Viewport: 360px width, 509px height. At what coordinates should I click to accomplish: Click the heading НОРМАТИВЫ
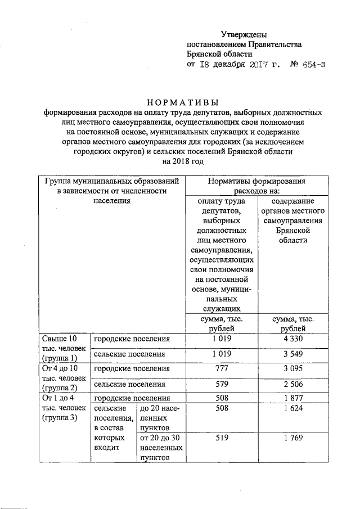(183, 102)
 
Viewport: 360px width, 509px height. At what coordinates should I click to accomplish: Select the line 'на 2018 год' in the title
(183, 161)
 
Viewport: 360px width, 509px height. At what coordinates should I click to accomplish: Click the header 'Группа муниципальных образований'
(112, 182)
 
